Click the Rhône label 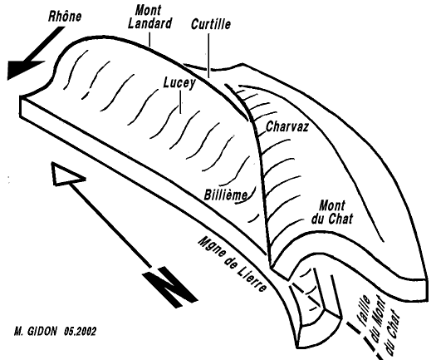(65, 16)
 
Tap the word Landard (149, 23)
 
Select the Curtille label (211, 24)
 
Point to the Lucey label (179, 83)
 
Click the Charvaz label (287, 126)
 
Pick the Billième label (226, 195)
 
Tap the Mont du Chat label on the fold (332, 212)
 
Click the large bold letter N (170, 287)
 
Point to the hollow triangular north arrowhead (66, 175)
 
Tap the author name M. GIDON (36, 332)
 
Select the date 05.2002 (80, 332)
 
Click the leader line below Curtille (208, 56)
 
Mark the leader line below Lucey (181, 103)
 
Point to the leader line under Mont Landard (149, 39)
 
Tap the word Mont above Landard (148, 11)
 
